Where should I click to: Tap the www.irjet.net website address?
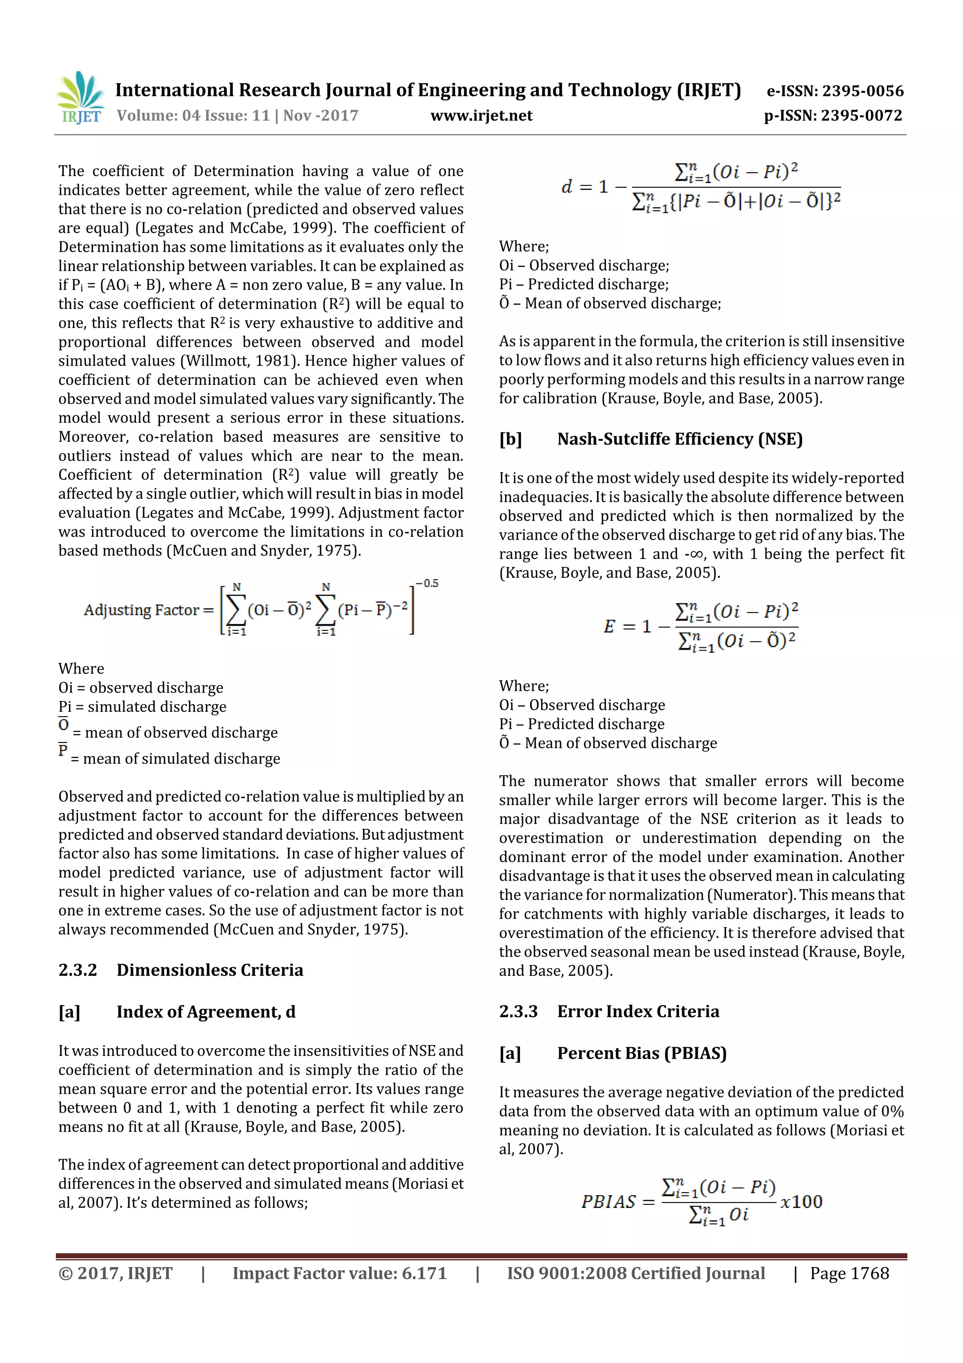(481, 115)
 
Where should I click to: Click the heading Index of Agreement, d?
(205, 1012)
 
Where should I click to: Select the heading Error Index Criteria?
(638, 1011)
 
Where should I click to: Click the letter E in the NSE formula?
(609, 626)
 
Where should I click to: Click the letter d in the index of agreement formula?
(567, 187)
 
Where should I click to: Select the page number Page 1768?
(849, 1273)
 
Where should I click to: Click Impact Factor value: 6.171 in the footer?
(339, 1273)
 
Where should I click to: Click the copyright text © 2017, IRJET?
(116, 1273)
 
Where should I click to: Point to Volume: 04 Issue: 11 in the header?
(193, 115)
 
